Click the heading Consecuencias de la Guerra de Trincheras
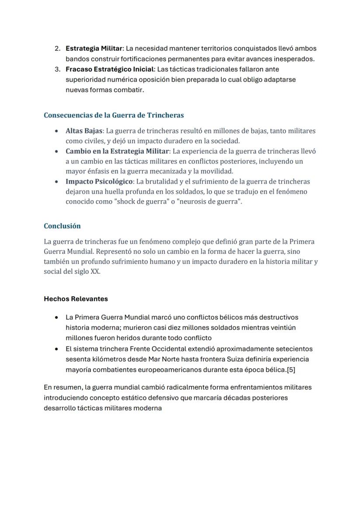pyautogui.click(x=114, y=115)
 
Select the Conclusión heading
pyautogui.click(x=62, y=226)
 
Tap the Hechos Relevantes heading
pyautogui.click(x=76, y=299)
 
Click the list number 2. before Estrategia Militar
pyautogui.click(x=57, y=48)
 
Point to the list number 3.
pyautogui.click(x=57, y=69)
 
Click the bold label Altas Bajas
pyautogui.click(x=84, y=131)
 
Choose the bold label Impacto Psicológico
pyautogui.click(x=99, y=181)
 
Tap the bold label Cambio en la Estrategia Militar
pyautogui.click(x=117, y=151)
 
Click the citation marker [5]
pyautogui.click(x=290, y=369)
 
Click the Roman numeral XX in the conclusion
pyautogui.click(x=95, y=272)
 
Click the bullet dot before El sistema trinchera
pyautogui.click(x=56, y=349)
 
